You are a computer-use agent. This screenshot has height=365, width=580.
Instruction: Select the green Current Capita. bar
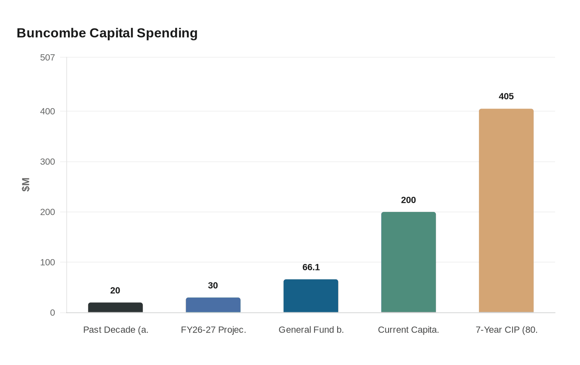click(x=408, y=262)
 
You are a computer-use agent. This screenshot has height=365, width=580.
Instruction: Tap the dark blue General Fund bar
click(x=311, y=296)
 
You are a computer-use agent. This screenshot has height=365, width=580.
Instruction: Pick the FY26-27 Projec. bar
click(x=213, y=305)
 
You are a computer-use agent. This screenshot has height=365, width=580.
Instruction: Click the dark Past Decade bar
click(x=115, y=307)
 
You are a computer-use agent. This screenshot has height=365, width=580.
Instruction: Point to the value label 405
click(x=506, y=96)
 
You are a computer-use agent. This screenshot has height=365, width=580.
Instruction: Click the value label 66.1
click(x=311, y=267)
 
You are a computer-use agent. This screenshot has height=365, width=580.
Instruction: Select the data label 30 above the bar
click(x=213, y=285)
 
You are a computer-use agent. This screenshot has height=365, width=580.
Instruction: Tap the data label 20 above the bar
click(x=115, y=290)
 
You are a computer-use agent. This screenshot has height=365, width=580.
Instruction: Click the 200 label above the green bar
click(x=408, y=200)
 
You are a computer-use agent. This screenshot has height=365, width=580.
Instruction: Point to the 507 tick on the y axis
click(x=48, y=57)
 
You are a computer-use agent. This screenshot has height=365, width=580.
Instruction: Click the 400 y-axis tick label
click(x=48, y=111)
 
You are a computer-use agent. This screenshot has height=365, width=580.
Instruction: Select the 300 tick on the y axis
click(x=48, y=162)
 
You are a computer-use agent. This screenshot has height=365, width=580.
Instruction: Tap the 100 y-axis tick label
click(x=48, y=262)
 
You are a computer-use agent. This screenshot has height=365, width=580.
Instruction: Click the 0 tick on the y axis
click(x=52, y=313)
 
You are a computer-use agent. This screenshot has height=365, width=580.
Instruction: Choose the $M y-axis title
click(x=26, y=185)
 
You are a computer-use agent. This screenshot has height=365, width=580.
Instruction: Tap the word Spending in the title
click(x=167, y=33)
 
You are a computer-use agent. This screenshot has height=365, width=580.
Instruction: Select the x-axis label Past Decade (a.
click(x=116, y=330)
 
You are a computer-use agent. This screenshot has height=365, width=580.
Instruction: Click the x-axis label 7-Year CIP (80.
click(x=506, y=330)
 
